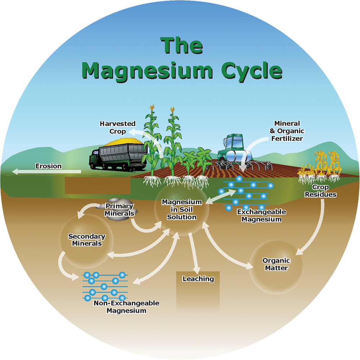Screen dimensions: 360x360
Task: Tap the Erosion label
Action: pos(48,166)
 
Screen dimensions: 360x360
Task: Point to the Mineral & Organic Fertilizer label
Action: pos(287,130)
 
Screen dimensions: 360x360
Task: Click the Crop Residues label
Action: pos(320,191)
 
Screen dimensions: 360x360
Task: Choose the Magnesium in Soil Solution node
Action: pos(179,210)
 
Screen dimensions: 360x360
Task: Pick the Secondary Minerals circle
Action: pos(86,240)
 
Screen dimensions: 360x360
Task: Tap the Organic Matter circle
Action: pos(276,264)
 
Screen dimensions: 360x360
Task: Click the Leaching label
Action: pos(198,279)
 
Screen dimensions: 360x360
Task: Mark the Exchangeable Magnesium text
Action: pos(261,215)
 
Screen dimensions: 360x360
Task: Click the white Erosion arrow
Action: pos(36,172)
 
